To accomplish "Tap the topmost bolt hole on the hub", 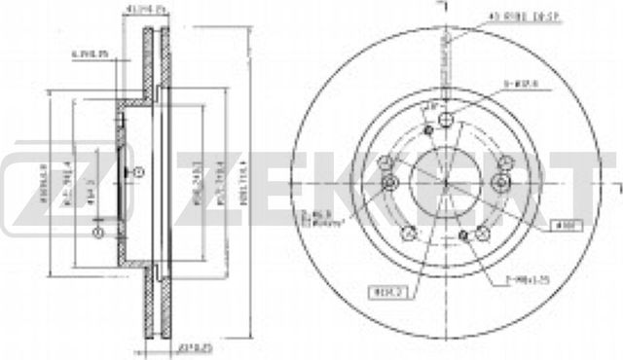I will tap(445, 120).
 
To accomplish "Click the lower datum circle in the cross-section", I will tap(97, 233).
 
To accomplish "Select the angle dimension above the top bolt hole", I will tap(432, 104).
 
